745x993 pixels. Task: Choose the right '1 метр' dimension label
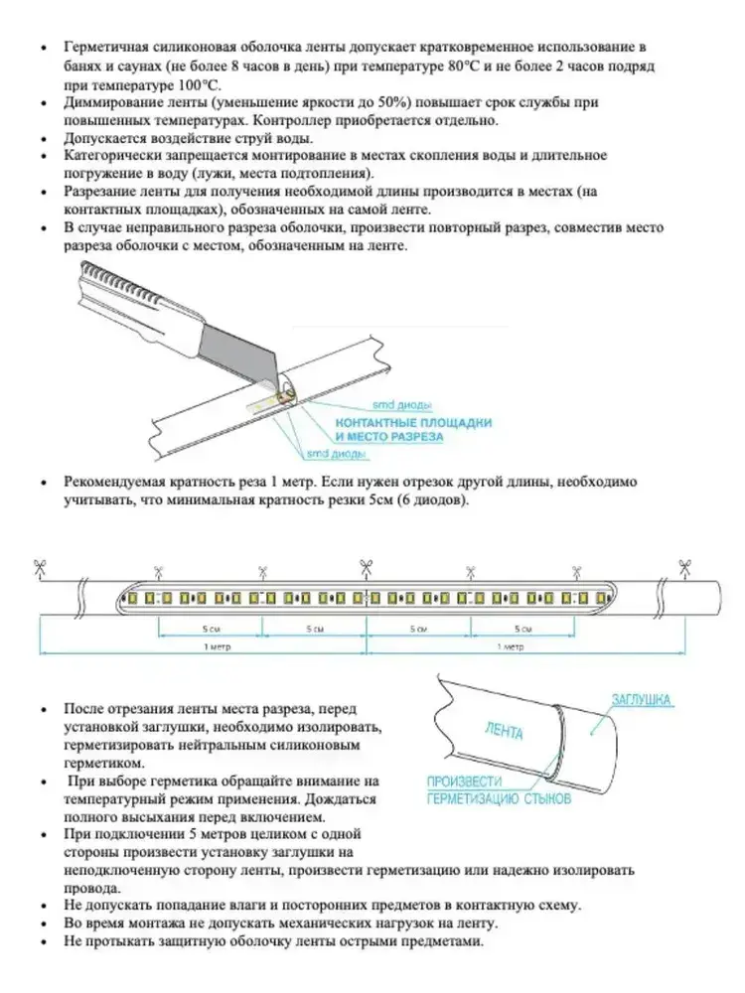point(512,646)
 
